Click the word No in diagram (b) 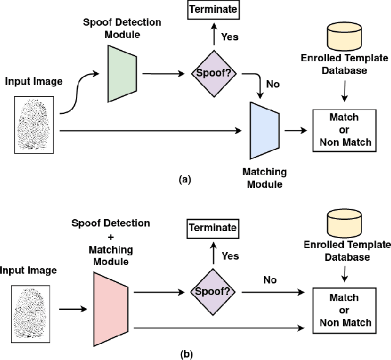point(269,280)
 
